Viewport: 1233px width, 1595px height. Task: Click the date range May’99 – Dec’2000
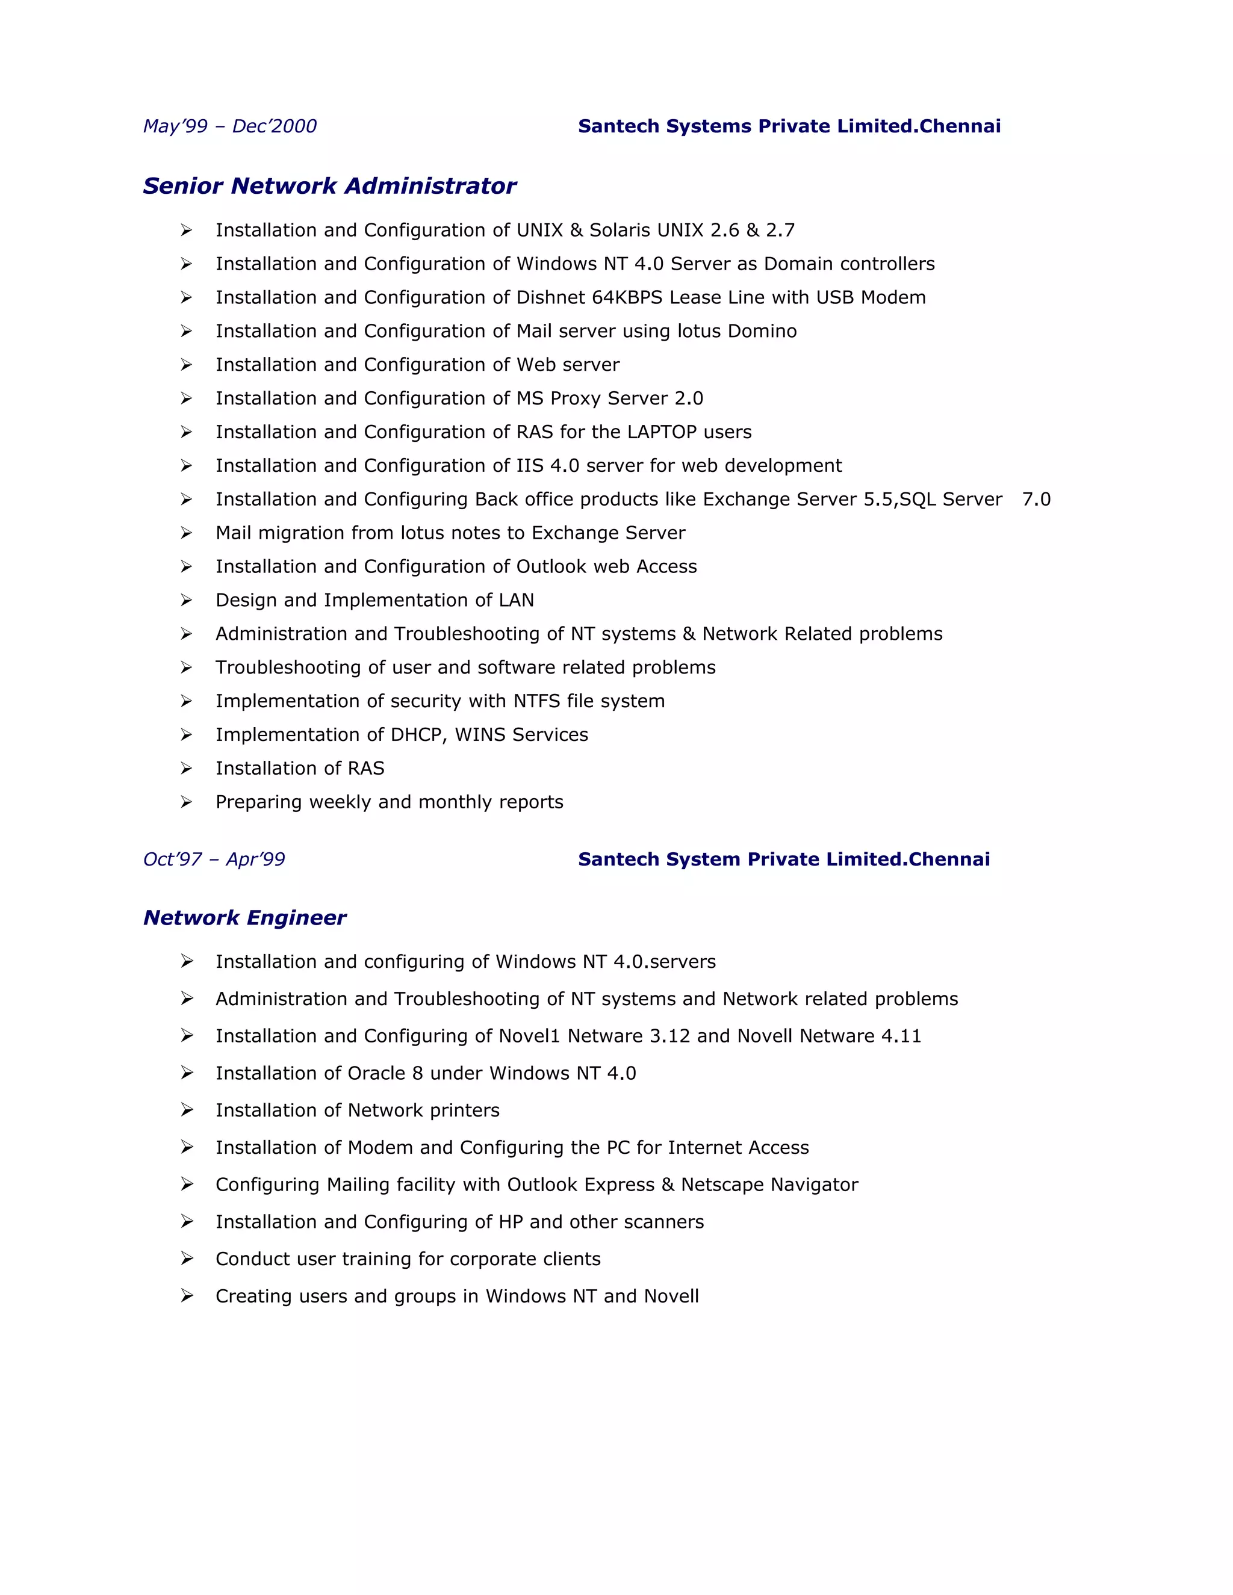click(x=229, y=126)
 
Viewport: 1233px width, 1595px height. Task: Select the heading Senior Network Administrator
click(x=329, y=186)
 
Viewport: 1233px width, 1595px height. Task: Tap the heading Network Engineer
click(x=244, y=918)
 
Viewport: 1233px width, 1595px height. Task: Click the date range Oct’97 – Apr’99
click(x=214, y=859)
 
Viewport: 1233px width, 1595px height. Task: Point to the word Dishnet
click(x=551, y=298)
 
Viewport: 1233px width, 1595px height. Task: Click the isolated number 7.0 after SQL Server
click(x=1036, y=500)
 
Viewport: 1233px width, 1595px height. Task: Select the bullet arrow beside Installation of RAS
click(x=186, y=768)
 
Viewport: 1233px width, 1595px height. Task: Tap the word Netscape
click(x=719, y=1185)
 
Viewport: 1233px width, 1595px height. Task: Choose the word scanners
click(x=665, y=1222)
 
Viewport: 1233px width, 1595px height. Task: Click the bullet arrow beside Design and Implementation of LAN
click(x=186, y=600)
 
